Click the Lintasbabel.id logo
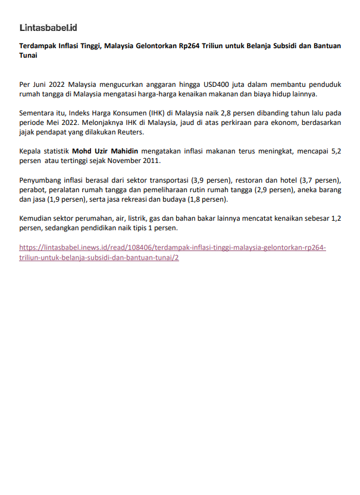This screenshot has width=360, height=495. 48,27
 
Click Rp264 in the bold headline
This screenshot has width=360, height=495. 213,46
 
